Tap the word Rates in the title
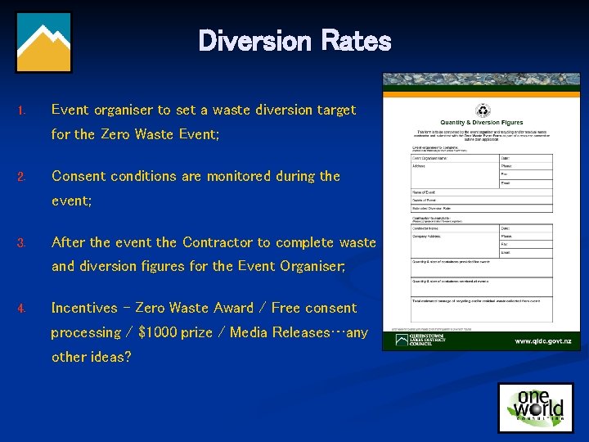click(356, 40)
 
